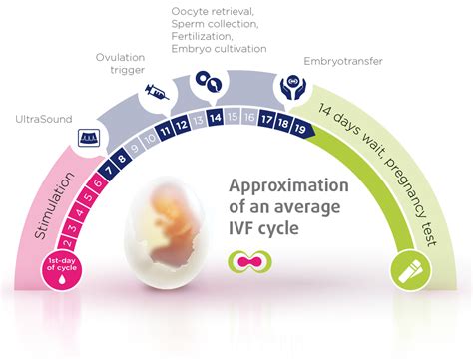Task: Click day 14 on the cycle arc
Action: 218,119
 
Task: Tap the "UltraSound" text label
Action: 42,119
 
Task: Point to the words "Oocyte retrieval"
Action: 208,10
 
